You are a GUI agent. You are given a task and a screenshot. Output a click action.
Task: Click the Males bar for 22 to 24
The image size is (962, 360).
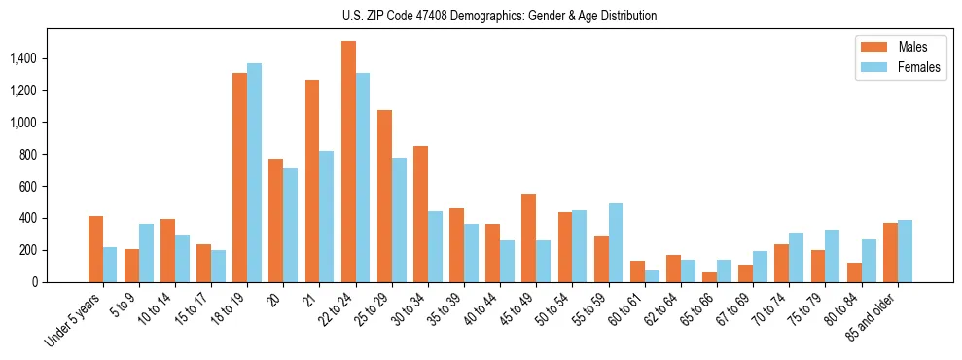coord(348,162)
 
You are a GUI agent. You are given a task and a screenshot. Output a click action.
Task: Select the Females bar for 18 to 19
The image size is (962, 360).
coord(254,173)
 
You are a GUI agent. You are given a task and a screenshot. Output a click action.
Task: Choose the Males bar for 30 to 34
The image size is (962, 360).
coord(420,214)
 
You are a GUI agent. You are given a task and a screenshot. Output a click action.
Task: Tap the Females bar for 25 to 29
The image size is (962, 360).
coord(399,220)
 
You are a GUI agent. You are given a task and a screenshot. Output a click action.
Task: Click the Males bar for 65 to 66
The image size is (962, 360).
coord(710,277)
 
